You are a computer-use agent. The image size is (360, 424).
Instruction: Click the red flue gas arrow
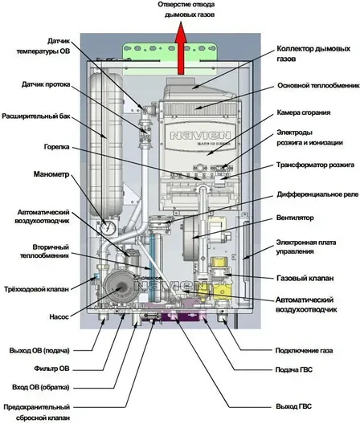click(x=181, y=49)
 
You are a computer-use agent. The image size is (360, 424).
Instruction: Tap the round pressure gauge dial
click(x=108, y=228)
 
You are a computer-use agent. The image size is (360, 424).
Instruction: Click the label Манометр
click(x=51, y=174)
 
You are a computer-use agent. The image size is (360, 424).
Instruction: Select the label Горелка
click(x=56, y=147)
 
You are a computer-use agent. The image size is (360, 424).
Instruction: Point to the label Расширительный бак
click(x=36, y=116)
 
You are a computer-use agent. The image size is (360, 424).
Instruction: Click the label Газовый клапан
click(x=305, y=278)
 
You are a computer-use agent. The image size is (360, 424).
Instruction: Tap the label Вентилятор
click(x=295, y=218)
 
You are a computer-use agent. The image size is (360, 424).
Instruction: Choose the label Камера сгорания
click(x=304, y=112)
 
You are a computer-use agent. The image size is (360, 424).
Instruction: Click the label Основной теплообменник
click(x=318, y=86)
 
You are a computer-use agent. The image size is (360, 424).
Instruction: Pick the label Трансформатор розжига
click(x=315, y=165)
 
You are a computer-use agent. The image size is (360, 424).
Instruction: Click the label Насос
click(x=59, y=316)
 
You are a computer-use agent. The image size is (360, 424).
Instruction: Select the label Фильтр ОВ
click(x=51, y=369)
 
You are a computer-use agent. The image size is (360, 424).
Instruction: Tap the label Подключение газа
click(x=304, y=351)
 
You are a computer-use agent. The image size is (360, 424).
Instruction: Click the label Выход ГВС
click(x=293, y=406)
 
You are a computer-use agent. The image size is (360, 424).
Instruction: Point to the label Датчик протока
click(x=46, y=84)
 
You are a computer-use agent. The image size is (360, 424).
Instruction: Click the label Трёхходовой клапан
click(x=36, y=289)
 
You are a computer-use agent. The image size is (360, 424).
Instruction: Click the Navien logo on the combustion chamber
click(x=200, y=135)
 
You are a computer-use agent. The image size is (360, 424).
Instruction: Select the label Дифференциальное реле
click(x=317, y=194)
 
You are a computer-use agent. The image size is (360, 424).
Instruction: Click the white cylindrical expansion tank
click(x=106, y=143)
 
